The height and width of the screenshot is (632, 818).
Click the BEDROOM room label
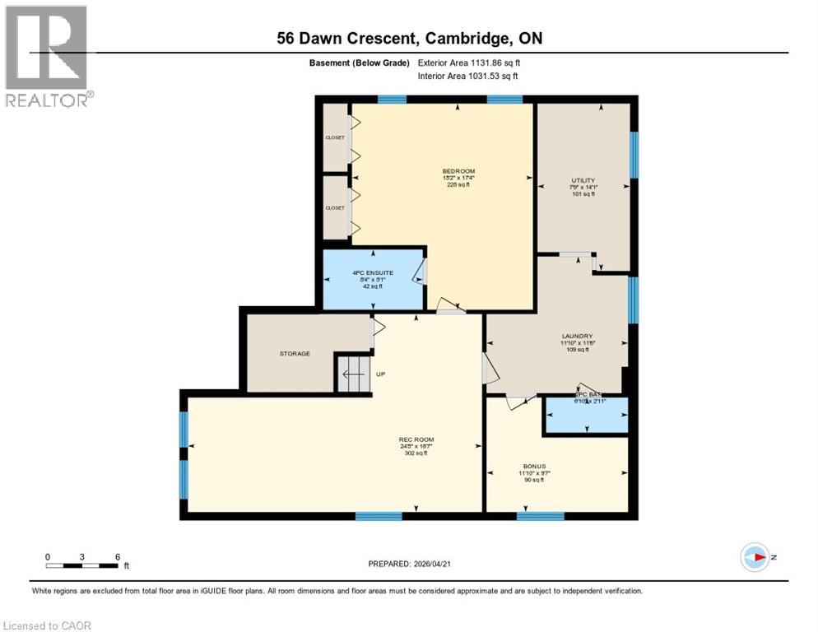tap(458, 171)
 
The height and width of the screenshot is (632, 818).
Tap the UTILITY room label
tap(583, 180)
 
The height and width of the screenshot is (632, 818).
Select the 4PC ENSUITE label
tap(374, 272)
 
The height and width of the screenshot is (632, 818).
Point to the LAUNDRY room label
tap(576, 336)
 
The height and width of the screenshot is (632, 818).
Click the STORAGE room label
tap(294, 354)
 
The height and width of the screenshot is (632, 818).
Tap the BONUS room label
tap(534, 466)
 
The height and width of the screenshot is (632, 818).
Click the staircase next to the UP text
tap(352, 374)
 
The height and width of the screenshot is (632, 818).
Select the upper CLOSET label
tap(335, 137)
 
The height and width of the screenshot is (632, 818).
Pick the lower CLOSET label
tap(335, 208)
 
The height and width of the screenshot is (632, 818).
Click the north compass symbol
tap(755, 557)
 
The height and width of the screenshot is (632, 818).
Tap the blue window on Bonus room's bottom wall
tap(540, 516)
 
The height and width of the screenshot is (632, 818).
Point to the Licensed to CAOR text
tap(48, 625)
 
